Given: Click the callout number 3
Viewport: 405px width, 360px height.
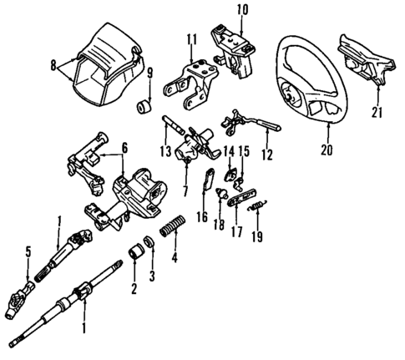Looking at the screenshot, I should click(x=152, y=276).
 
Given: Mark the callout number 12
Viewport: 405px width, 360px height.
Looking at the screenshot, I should click(x=267, y=154).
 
